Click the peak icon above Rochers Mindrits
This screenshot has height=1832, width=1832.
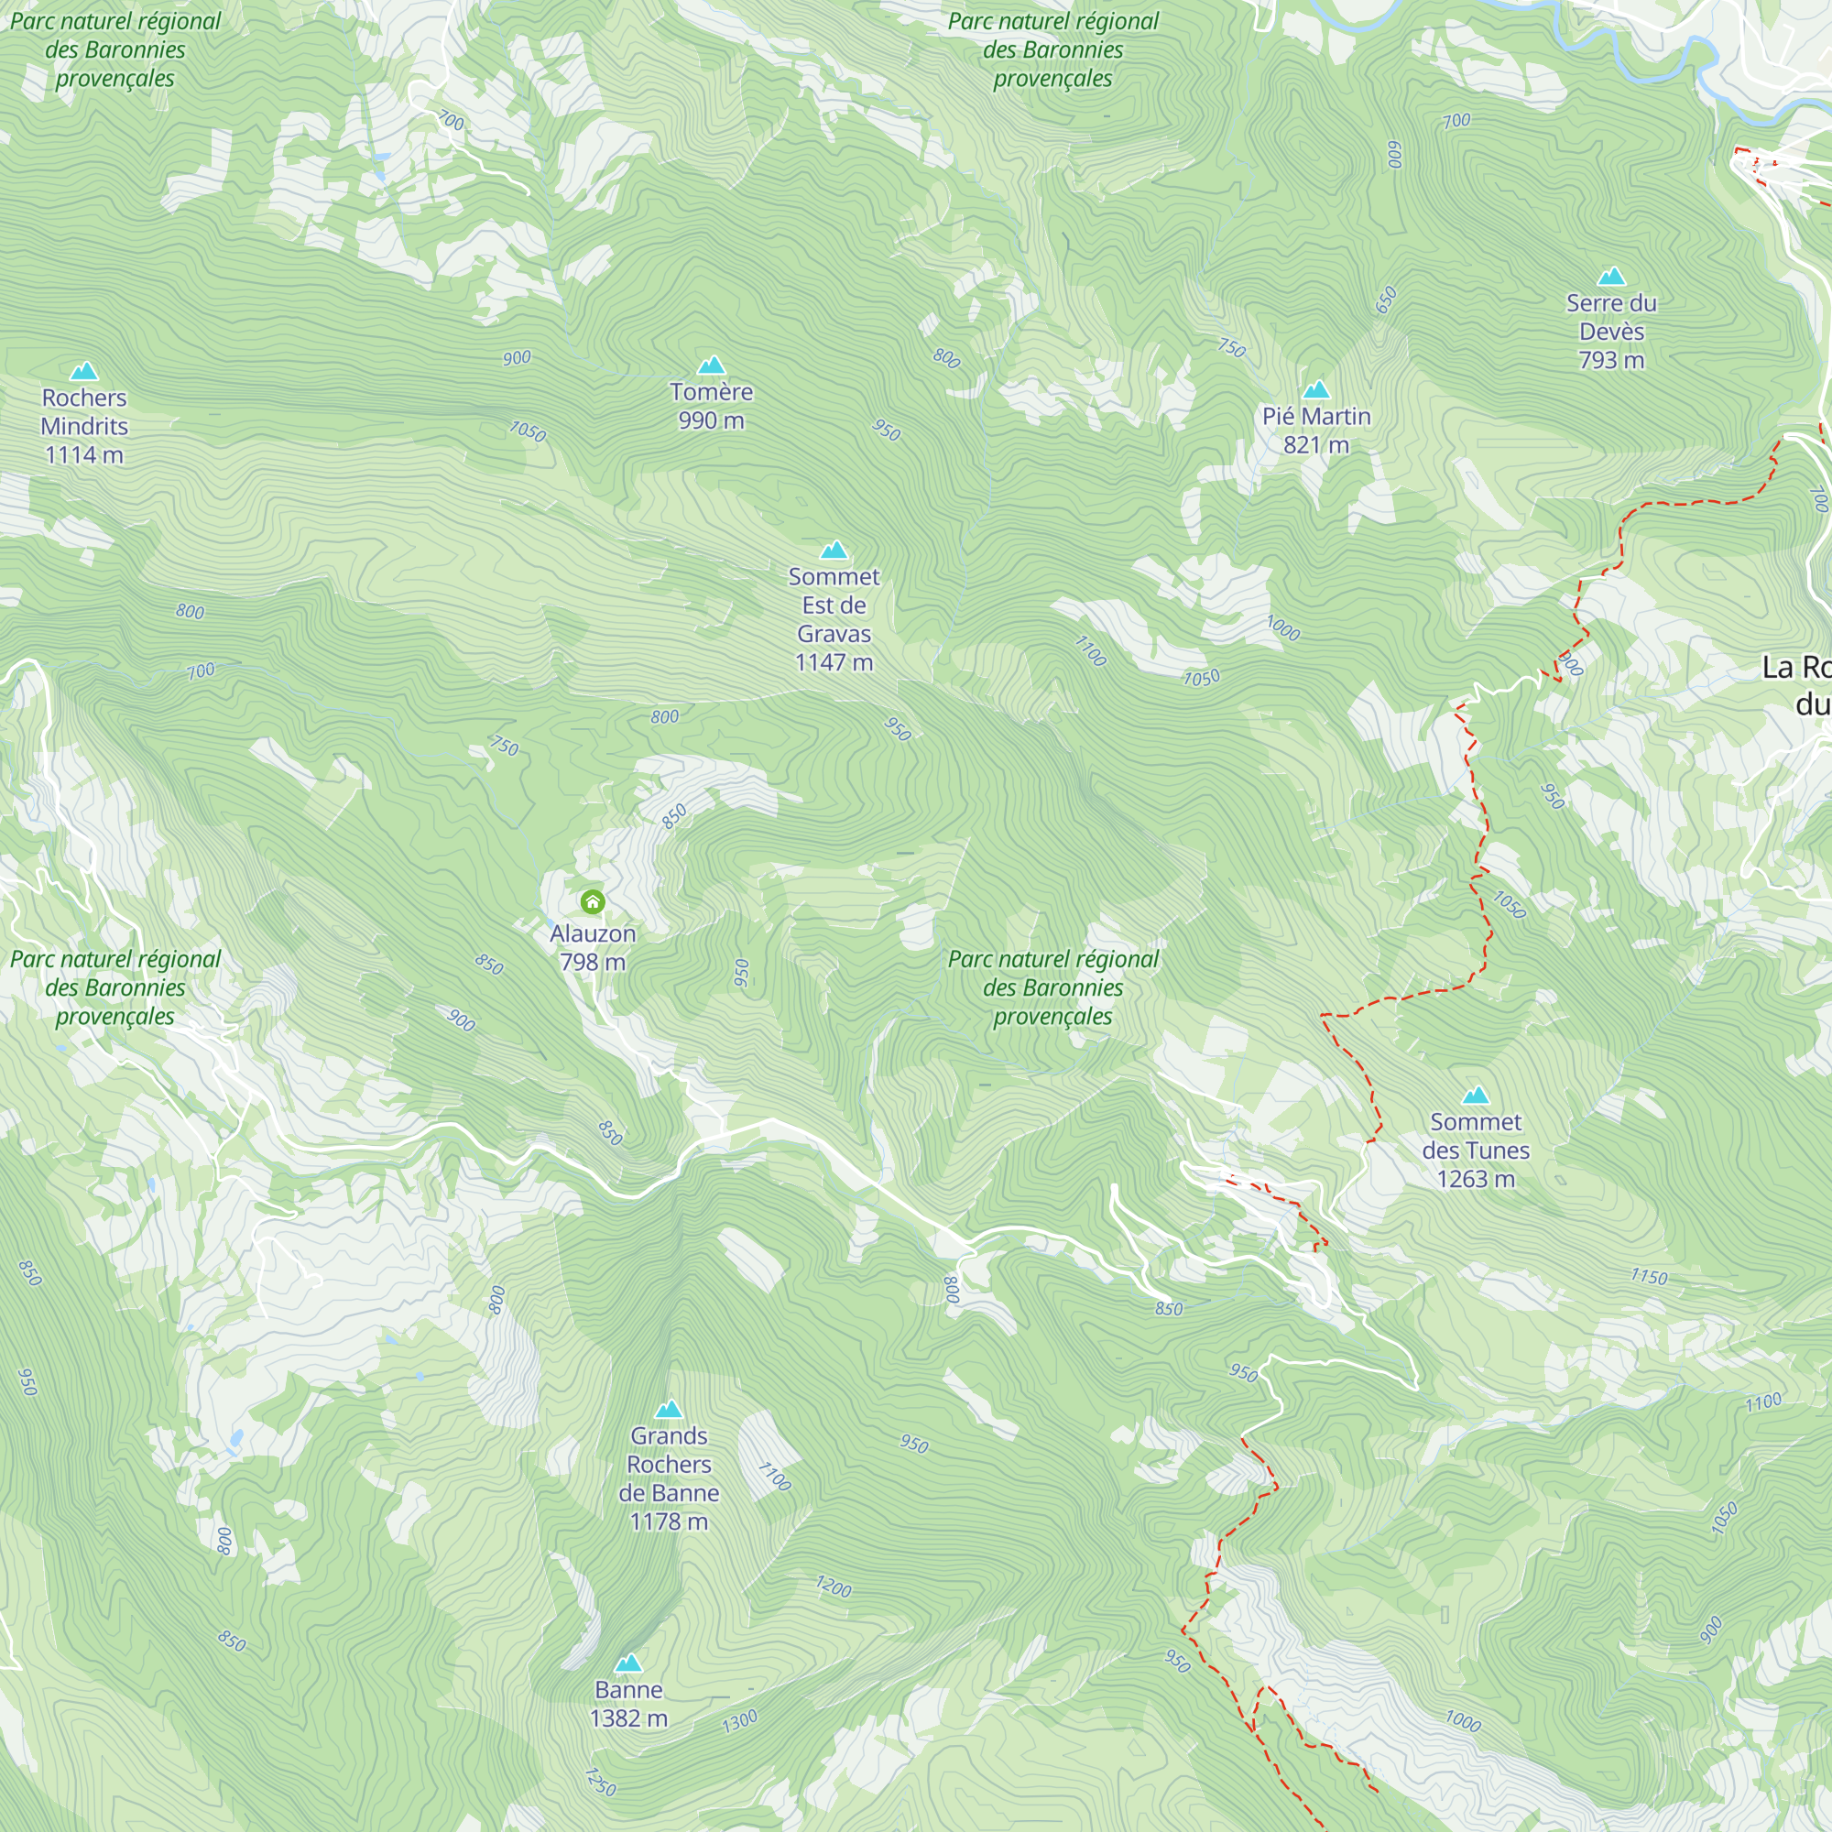[84, 370]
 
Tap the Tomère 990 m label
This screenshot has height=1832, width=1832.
[711, 406]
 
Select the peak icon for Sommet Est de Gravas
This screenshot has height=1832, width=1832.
[834, 550]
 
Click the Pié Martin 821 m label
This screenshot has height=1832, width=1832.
[1316, 431]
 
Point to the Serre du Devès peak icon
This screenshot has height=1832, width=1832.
[1611, 277]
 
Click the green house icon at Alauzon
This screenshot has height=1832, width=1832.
[593, 900]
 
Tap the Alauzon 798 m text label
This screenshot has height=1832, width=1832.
[593, 947]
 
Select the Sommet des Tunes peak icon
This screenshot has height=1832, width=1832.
[1476, 1096]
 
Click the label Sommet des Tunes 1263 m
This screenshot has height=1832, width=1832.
[1476, 1150]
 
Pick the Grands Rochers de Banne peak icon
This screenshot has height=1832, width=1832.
[669, 1409]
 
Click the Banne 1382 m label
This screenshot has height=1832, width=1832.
[628, 1704]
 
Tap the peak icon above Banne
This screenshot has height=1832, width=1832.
[627, 1663]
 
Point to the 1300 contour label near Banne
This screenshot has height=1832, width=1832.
[739, 1721]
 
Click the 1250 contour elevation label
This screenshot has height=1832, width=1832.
[600, 1782]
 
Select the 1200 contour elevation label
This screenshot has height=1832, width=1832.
[834, 1587]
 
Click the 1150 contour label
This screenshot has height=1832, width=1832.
[1649, 1277]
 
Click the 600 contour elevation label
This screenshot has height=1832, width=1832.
[1394, 155]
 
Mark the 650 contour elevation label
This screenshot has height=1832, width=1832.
[1386, 300]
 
